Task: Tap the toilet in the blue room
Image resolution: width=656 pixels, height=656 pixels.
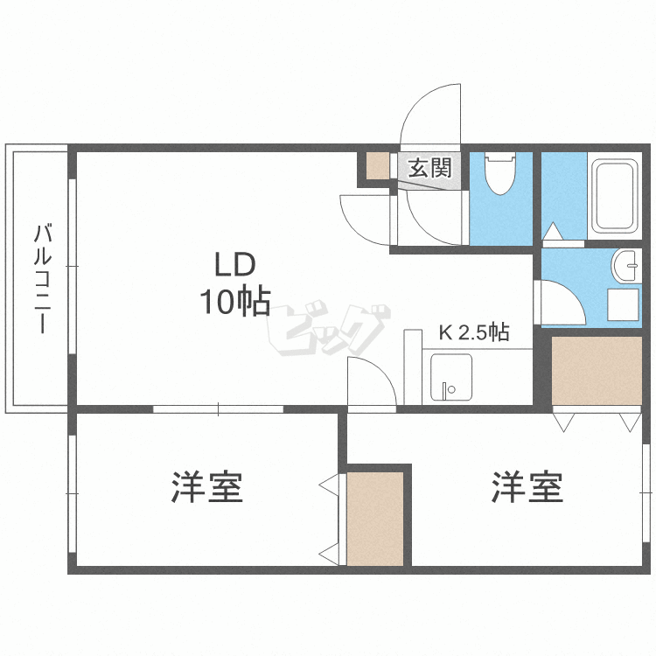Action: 501,174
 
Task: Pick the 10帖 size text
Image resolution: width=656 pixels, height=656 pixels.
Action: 234,302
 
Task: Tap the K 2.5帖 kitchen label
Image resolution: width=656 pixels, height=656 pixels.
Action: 473,332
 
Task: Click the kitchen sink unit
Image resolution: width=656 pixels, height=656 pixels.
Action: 450,378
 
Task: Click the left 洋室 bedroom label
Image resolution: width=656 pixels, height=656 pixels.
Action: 206,487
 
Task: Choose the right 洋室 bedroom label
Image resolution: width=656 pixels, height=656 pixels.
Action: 527,487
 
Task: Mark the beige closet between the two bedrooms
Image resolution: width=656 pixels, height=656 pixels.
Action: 375,518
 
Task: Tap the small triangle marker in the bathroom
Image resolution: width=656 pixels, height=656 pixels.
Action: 553,232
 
